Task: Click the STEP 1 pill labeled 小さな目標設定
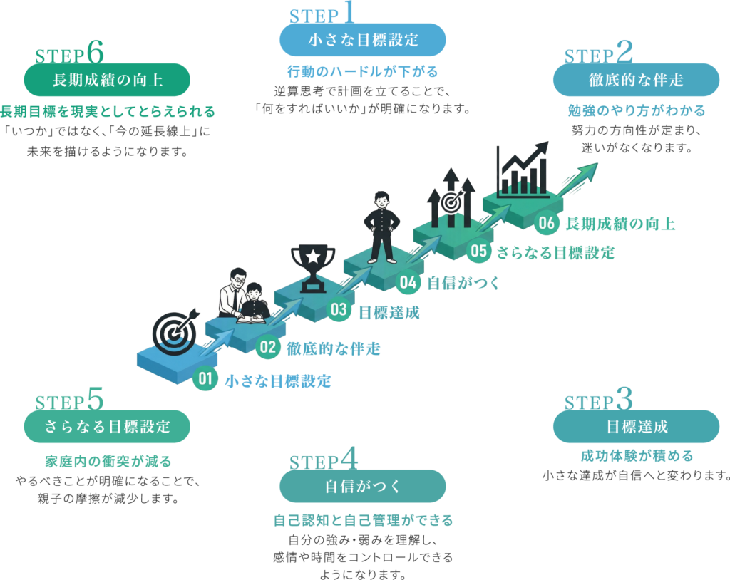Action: point(363,40)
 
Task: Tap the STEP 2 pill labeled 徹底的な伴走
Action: point(636,80)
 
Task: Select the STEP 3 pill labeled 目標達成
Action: point(636,427)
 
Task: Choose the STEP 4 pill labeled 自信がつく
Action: point(363,487)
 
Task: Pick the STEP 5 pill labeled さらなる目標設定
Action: point(107,427)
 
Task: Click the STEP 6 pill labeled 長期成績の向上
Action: point(107,80)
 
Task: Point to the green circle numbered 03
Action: point(339,309)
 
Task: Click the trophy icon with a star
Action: point(312,267)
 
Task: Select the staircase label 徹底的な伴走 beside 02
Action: point(333,348)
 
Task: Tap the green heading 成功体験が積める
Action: point(636,456)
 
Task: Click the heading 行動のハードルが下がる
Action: point(362,71)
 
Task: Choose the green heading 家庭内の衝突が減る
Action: point(107,461)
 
